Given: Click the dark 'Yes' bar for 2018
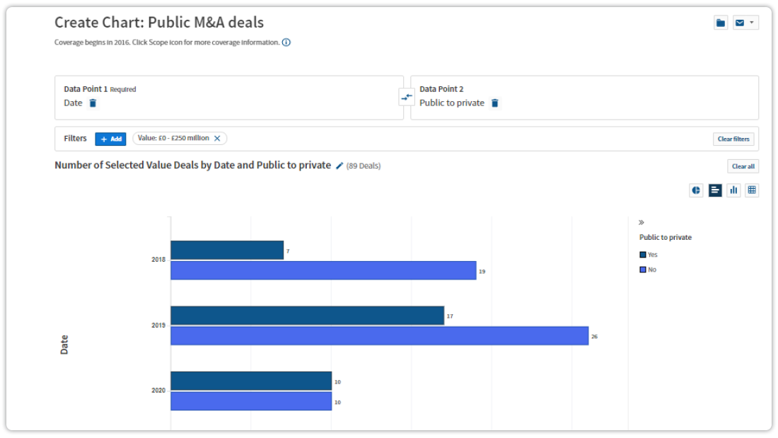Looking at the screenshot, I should (x=227, y=250).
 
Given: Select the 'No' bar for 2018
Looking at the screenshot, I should (x=323, y=270).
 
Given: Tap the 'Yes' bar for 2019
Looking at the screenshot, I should (x=307, y=316).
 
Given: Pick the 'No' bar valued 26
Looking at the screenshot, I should (x=379, y=335).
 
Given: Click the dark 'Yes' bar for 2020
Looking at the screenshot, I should (x=251, y=381).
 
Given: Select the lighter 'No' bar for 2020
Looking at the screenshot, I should (x=251, y=401).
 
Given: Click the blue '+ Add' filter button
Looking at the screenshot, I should (x=110, y=139).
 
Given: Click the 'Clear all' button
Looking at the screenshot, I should (x=743, y=166).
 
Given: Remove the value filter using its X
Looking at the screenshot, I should (x=217, y=139).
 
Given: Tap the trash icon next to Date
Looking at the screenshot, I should (x=93, y=103).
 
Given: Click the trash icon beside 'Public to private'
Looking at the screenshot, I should (x=495, y=103).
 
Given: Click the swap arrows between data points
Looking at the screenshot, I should (x=407, y=98).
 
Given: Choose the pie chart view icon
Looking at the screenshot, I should (x=696, y=190).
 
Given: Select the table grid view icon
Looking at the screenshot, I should (x=752, y=190).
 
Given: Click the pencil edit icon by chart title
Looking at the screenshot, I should (x=339, y=166).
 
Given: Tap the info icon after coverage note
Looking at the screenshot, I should (x=286, y=42).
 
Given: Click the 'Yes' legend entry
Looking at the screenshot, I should (x=649, y=255).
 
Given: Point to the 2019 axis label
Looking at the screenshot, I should (x=158, y=325).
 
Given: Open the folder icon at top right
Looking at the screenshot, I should (x=721, y=23).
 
